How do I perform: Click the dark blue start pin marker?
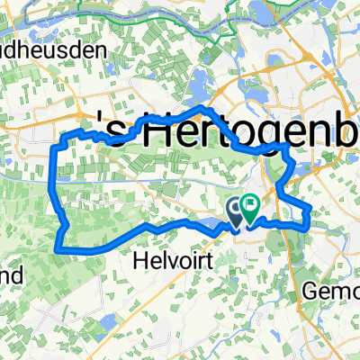click(x=237, y=211)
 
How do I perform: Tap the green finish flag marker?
click(x=248, y=208)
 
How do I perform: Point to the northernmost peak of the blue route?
click(x=199, y=109)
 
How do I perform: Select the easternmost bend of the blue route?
click(x=310, y=211)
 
